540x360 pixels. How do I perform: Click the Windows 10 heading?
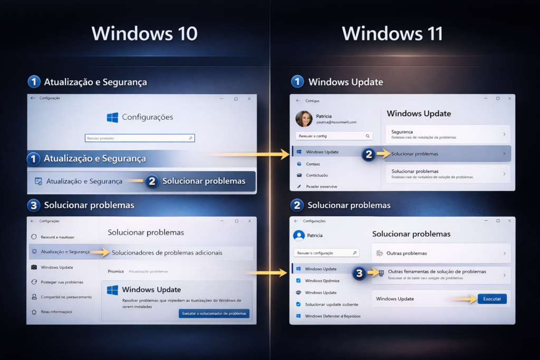144,34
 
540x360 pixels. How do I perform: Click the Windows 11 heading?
392,34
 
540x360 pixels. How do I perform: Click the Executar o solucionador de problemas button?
214,314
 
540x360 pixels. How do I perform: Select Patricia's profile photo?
304,119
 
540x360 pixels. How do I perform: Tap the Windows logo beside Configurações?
112,117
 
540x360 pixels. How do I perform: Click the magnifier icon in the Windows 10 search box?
190,138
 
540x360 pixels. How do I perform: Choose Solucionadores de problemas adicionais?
167,252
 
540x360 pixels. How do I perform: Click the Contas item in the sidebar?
313,164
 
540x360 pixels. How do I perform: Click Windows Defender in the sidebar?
332,316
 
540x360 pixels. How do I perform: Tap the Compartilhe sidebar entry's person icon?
34,297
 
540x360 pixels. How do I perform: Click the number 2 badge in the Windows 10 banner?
152,181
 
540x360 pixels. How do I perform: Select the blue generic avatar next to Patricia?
299,235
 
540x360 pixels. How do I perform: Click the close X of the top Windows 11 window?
509,99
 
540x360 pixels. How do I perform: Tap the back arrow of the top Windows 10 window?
33,98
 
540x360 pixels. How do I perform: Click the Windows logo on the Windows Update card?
112,290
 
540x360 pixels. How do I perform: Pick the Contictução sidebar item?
317,175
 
